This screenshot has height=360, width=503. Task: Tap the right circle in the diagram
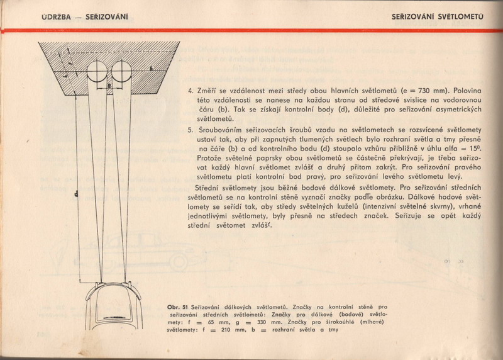(x=121, y=70)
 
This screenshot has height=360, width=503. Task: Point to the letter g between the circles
(x=109, y=84)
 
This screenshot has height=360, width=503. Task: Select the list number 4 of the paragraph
(x=191, y=90)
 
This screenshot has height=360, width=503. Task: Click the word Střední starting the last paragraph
(x=209, y=188)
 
